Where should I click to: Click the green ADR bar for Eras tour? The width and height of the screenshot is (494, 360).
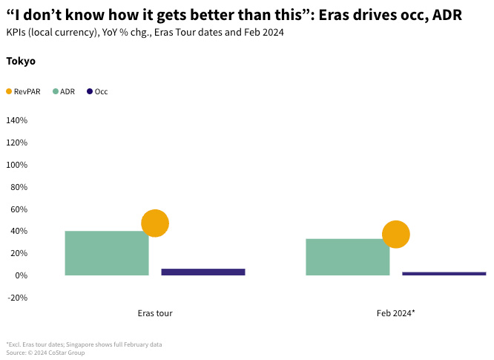point(107,253)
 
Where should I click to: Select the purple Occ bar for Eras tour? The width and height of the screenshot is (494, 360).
point(202,272)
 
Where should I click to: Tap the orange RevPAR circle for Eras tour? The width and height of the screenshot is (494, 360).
point(155,223)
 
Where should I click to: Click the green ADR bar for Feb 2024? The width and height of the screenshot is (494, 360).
point(347,257)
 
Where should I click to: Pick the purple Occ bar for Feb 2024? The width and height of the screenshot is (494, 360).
point(444,273)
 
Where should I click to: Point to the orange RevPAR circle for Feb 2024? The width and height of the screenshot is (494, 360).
point(396,235)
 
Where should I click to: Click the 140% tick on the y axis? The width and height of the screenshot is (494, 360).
point(16,120)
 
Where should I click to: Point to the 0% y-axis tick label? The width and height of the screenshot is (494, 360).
point(21,275)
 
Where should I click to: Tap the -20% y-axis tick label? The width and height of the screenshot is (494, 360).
point(17,298)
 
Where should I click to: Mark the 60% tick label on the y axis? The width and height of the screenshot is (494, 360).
point(19,209)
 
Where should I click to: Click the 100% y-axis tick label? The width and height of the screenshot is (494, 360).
point(16,165)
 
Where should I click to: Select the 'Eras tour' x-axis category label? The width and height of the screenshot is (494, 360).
point(155,313)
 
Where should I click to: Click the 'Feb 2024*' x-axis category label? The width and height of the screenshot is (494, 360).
point(395,313)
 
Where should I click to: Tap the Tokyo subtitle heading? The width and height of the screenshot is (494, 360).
point(21,62)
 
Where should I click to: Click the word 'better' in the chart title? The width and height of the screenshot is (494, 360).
point(207,16)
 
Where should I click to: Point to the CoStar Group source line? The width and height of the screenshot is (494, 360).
point(45,353)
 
